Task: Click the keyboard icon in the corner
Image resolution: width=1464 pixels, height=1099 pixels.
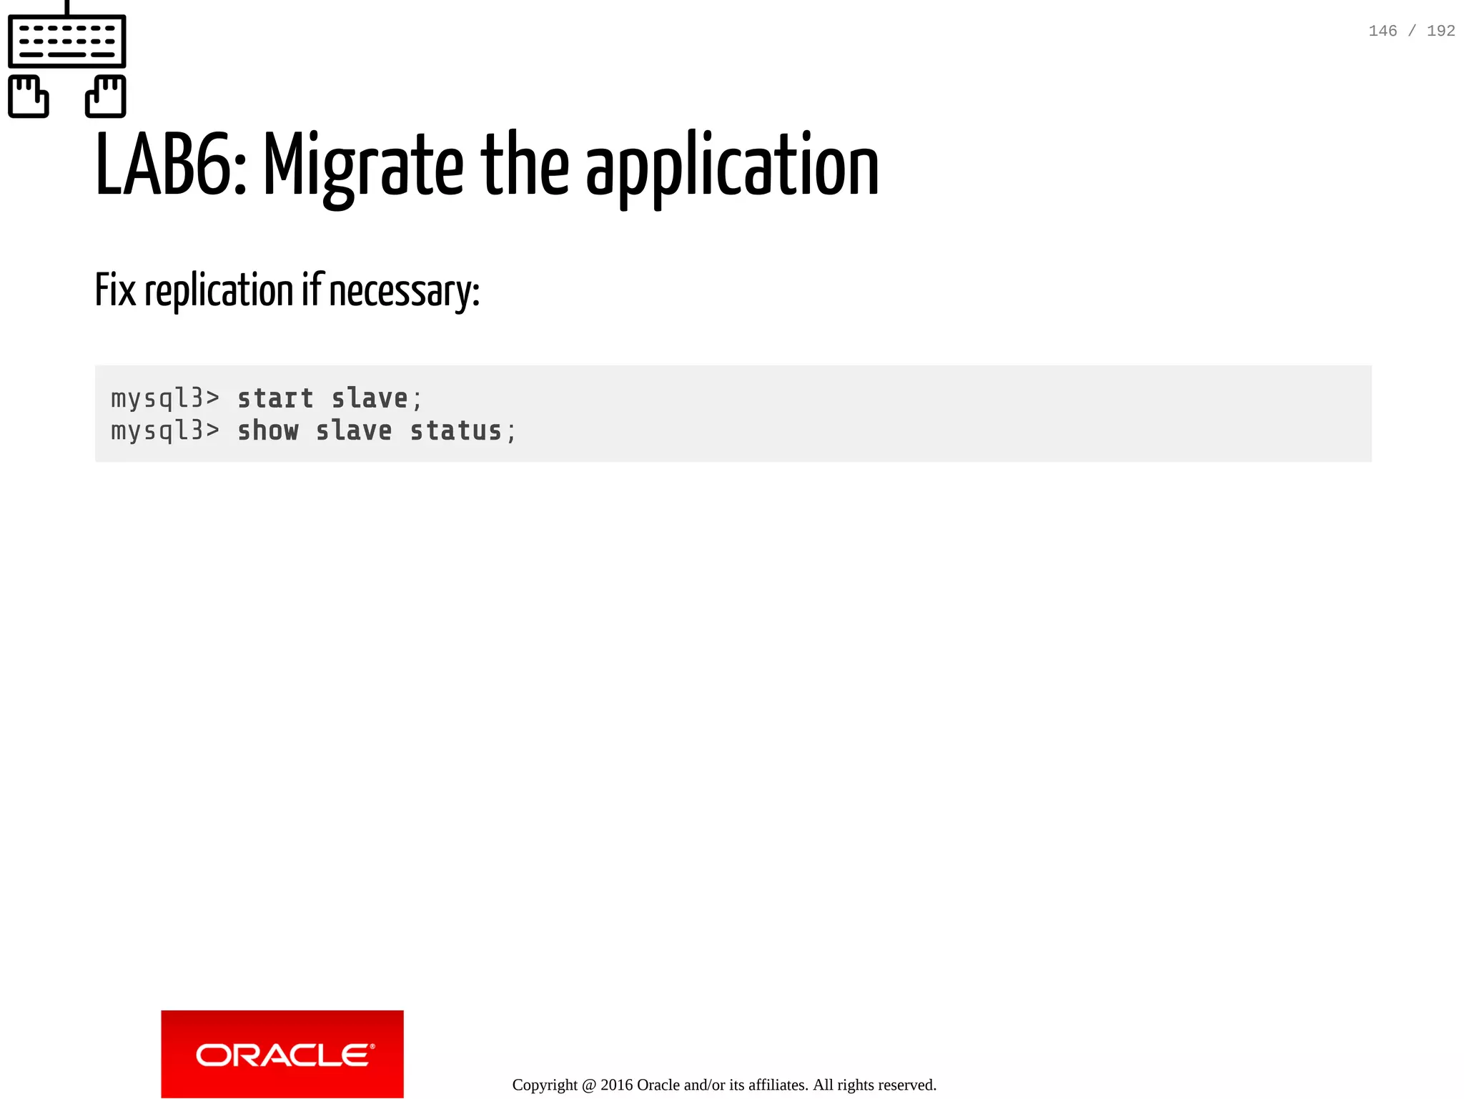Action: (x=66, y=40)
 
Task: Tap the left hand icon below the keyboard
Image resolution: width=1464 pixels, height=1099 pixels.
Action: (x=29, y=96)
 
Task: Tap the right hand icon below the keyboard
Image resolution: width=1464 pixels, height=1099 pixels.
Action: (x=106, y=96)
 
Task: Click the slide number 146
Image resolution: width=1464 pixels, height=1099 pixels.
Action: (x=1382, y=31)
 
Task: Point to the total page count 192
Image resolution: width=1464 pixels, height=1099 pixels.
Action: (x=1440, y=31)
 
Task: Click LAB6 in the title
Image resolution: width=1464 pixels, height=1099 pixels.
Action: (x=170, y=166)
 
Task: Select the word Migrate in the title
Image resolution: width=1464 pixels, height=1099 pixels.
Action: (x=363, y=166)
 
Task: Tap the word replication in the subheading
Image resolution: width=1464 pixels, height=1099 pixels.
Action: (x=219, y=291)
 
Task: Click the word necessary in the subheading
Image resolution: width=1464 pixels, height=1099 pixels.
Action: (x=403, y=292)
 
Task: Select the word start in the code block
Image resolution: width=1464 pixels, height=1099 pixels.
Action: (x=275, y=398)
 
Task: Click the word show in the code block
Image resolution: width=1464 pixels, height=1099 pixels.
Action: (x=267, y=431)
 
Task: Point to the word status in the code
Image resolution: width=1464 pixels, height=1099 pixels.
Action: (x=455, y=431)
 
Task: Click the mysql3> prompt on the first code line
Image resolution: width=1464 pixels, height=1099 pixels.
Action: (x=165, y=398)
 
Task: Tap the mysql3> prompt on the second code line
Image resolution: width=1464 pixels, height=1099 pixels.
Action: (x=165, y=431)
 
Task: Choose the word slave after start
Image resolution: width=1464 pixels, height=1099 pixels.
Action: (x=370, y=398)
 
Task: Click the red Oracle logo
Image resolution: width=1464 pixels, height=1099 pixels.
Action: (x=282, y=1054)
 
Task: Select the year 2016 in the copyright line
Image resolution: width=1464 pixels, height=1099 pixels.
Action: (x=616, y=1085)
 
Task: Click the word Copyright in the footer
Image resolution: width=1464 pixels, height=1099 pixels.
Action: (x=545, y=1085)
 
